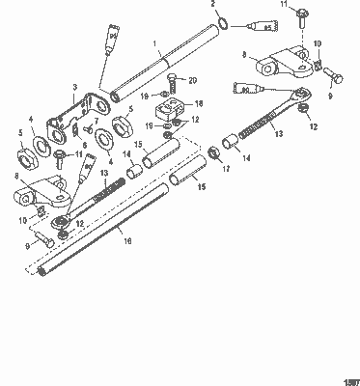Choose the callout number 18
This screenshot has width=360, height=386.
pos(200,103)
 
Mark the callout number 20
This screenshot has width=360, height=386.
pos(193,79)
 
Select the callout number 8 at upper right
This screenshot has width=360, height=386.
pos(272,55)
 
